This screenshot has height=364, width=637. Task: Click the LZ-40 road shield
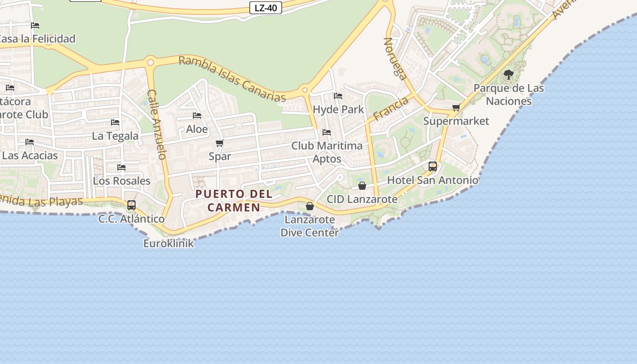[x=266, y=8]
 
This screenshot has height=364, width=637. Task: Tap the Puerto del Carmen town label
[x=234, y=201]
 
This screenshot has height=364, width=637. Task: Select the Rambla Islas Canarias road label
[x=232, y=79]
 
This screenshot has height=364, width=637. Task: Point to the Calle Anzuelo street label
[x=157, y=124]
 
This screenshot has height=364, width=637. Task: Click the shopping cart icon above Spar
[x=220, y=143]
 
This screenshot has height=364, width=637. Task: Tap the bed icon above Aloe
[x=197, y=116]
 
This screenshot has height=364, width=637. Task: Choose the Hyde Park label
[x=339, y=109]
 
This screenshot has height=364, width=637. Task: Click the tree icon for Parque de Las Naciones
[x=509, y=74]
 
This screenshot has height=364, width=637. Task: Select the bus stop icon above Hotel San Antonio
[x=433, y=167]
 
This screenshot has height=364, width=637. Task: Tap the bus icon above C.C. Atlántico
[x=131, y=205]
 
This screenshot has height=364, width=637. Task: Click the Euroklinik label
[x=168, y=243]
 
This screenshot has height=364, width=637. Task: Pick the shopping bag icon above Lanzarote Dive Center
[x=310, y=206]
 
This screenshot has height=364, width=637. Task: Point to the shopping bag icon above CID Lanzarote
[x=362, y=186]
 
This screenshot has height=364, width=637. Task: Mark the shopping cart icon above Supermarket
[x=456, y=107]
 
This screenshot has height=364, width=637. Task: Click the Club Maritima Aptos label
[x=327, y=152]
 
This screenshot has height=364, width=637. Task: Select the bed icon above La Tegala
[x=115, y=122]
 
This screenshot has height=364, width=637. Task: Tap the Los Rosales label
[x=121, y=181]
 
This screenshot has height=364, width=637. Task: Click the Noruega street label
[x=395, y=58]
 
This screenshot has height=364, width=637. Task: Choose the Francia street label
[x=391, y=109]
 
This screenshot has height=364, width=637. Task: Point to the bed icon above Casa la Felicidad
[x=35, y=25]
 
